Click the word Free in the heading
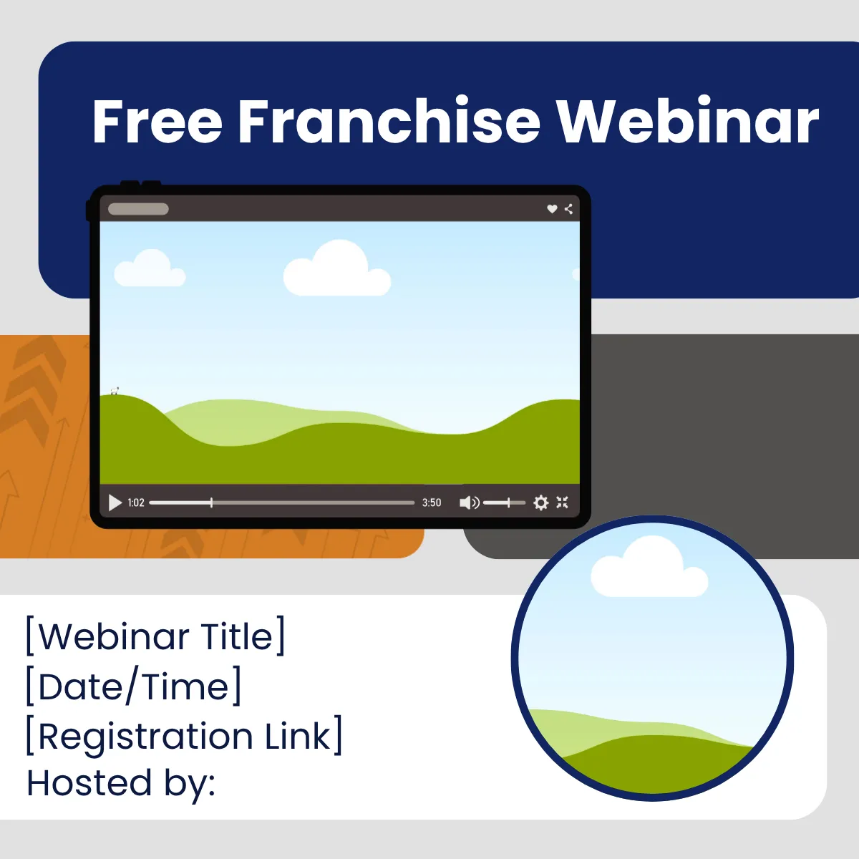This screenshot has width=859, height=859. [x=157, y=121]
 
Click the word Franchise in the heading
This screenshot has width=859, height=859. [x=389, y=120]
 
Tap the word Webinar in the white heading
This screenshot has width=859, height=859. [x=688, y=120]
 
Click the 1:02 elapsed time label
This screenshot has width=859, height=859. [x=136, y=503]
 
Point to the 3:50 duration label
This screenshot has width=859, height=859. [x=432, y=503]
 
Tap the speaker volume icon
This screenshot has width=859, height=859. [x=470, y=503]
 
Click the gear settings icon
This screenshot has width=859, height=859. [x=540, y=503]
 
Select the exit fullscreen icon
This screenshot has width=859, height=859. [x=562, y=503]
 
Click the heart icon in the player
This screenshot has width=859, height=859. [x=552, y=208]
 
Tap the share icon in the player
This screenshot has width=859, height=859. [x=568, y=208]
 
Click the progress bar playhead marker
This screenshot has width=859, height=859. [x=211, y=503]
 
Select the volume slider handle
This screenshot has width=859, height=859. [x=508, y=503]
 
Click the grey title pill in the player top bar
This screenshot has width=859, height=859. [x=138, y=209]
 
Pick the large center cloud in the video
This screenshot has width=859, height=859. [x=337, y=268]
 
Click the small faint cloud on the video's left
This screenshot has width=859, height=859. [x=150, y=268]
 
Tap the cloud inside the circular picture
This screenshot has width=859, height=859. [x=649, y=567]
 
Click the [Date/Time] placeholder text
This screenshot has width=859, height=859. [x=133, y=686]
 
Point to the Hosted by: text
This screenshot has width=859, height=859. [x=121, y=784]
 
